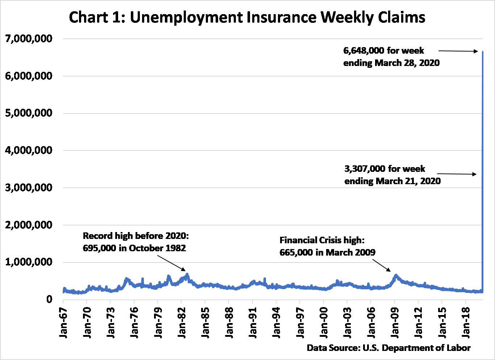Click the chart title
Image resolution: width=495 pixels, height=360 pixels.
(247, 17)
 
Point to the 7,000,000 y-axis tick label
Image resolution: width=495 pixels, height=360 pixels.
(29, 38)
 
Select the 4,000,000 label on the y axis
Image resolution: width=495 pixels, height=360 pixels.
(29, 150)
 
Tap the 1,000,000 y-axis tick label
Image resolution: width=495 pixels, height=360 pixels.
(29, 262)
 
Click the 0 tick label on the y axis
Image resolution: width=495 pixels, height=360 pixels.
(49, 299)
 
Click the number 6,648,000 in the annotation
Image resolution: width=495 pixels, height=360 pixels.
(363, 51)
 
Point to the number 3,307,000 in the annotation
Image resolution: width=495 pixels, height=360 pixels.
(365, 169)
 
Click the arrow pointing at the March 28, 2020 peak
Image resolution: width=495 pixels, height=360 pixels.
(458, 51)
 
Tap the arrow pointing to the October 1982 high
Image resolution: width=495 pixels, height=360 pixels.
(171, 263)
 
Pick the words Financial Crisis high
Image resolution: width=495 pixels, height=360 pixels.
(322, 240)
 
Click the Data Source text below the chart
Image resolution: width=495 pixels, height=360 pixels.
(388, 348)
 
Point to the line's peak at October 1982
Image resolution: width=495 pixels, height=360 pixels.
(187, 274)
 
